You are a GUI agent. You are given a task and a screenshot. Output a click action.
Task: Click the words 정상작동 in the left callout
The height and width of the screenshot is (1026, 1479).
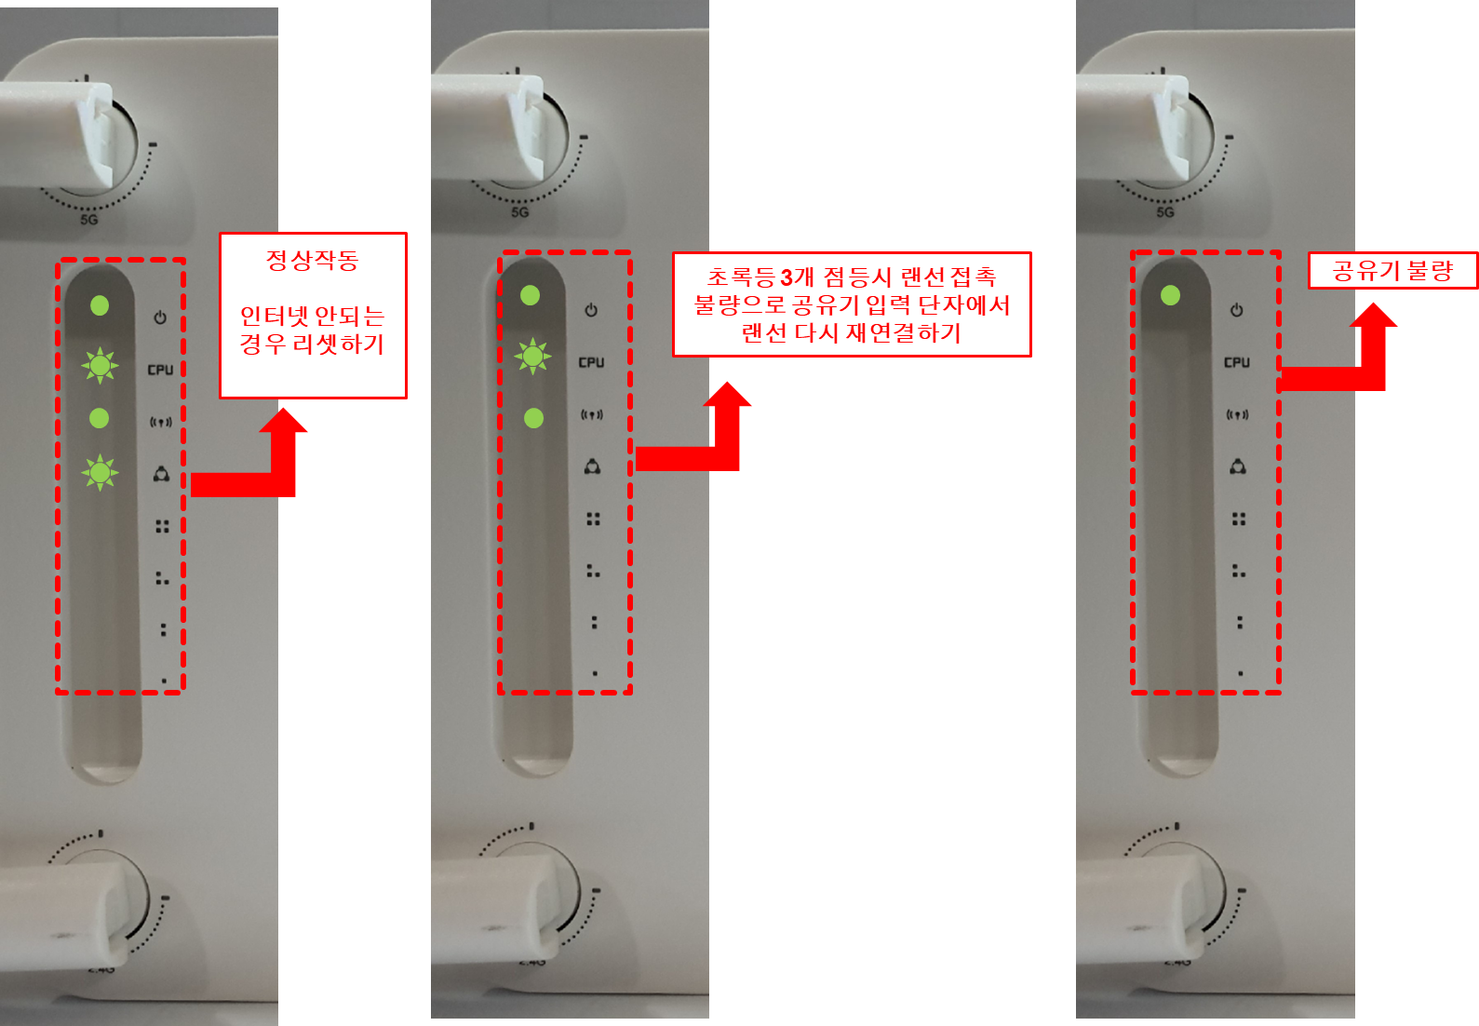pyautogui.click(x=313, y=260)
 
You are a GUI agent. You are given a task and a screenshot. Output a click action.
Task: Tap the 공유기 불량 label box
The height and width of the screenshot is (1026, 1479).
pyautogui.click(x=1393, y=270)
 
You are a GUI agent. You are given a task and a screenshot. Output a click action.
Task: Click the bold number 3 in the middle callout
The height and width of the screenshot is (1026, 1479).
pyautogui.click(x=787, y=277)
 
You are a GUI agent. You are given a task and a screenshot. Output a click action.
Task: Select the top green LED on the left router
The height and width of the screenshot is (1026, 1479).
pyautogui.click(x=100, y=306)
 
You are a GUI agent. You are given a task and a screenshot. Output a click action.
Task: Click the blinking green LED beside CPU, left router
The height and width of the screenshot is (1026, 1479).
pyautogui.click(x=100, y=365)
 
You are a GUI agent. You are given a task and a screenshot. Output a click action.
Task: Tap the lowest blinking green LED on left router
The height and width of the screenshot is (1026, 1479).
pyautogui.click(x=100, y=472)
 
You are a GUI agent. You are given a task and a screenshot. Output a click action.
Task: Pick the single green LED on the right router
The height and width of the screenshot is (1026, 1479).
pyautogui.click(x=1171, y=295)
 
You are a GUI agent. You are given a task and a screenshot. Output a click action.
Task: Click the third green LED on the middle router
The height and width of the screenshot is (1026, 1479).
pyautogui.click(x=533, y=418)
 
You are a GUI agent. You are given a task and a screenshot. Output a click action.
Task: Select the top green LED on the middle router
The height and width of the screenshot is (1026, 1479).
pyautogui.click(x=530, y=295)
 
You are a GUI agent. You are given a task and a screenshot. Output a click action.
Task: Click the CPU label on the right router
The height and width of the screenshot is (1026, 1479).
pyautogui.click(x=1237, y=362)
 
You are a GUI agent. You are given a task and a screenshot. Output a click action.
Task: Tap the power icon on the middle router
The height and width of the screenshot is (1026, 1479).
pyautogui.click(x=591, y=310)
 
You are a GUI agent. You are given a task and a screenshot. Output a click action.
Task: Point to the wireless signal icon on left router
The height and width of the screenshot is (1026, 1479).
pyautogui.click(x=160, y=422)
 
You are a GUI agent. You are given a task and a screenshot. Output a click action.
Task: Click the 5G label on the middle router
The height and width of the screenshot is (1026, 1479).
pyautogui.click(x=520, y=212)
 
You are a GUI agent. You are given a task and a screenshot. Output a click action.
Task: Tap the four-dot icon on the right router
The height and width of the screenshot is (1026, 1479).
pyautogui.click(x=1239, y=520)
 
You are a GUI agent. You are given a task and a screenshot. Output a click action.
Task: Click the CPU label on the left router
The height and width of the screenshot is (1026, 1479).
pyautogui.click(x=160, y=370)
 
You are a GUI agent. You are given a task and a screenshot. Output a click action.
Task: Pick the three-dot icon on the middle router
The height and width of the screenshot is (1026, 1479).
pyautogui.click(x=593, y=571)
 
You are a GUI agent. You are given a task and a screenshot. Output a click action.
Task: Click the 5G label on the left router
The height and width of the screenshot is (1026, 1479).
pyautogui.click(x=89, y=220)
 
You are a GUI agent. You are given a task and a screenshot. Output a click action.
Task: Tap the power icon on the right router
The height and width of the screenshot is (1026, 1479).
pyautogui.click(x=1237, y=310)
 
